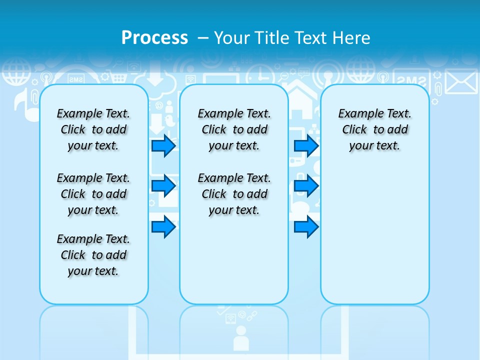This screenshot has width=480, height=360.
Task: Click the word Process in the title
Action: click(154, 37)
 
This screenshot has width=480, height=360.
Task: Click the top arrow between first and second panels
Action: click(163, 146)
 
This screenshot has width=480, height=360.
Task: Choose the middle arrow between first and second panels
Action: click(163, 186)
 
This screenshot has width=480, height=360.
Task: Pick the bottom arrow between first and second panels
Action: click(163, 227)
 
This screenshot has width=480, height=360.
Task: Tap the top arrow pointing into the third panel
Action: click(306, 146)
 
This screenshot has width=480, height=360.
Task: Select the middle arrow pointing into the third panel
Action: click(306, 186)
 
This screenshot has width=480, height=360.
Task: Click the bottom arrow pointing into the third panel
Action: click(306, 227)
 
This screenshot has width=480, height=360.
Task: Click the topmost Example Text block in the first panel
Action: click(93, 129)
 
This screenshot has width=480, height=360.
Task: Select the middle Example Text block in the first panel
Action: click(93, 194)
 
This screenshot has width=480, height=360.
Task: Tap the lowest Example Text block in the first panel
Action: click(93, 255)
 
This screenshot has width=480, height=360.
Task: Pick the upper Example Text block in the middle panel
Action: click(234, 129)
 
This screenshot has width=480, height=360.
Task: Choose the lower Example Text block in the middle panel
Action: click(234, 194)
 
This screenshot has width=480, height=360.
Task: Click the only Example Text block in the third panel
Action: click(375, 129)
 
